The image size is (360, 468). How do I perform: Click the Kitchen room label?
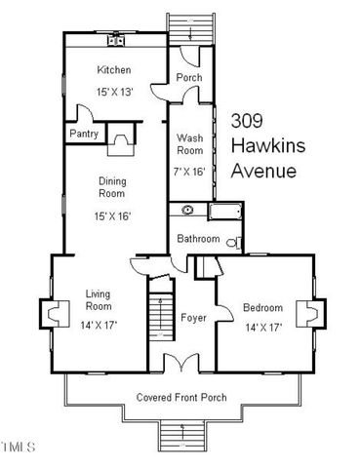[x=114, y=70]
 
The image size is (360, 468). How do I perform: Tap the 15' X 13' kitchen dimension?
[x=114, y=91]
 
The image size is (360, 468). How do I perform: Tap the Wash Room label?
[x=189, y=144]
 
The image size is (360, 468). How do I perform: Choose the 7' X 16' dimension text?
[x=189, y=171]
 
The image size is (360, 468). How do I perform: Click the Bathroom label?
[x=198, y=239]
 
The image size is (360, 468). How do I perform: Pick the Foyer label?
[x=191, y=318]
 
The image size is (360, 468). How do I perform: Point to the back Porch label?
[x=187, y=77]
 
